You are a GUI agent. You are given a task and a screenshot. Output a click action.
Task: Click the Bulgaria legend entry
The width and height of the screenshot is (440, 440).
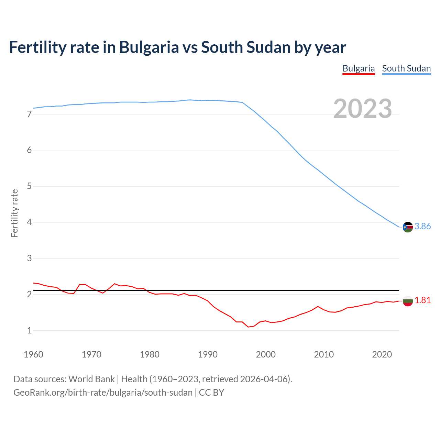pos(359,68)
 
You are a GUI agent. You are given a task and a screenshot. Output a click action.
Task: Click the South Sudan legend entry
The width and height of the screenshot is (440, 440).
pos(406,68)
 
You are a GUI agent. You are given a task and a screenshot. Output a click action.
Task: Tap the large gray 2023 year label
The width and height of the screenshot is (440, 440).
pos(363,109)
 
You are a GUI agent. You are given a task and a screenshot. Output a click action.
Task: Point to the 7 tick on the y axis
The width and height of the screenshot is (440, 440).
pos(29,114)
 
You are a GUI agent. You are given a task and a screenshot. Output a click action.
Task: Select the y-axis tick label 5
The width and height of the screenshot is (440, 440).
pos(29,186)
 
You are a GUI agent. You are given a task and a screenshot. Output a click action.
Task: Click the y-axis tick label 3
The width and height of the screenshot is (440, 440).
pos(29,258)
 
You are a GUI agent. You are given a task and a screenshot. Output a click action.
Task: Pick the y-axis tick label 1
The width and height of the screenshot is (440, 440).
pos(29,330)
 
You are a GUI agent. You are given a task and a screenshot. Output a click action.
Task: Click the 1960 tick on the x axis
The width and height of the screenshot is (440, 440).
pos(33,354)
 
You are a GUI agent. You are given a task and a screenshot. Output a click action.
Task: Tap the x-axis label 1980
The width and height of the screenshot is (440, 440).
pos(150,354)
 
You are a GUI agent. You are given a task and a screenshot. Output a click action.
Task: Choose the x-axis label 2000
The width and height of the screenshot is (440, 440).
pos(266,354)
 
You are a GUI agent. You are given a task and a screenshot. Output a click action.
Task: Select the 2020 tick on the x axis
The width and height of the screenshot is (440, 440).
pos(382,354)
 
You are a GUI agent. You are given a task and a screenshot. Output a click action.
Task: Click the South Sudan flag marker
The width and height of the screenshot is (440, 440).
pos(408,227)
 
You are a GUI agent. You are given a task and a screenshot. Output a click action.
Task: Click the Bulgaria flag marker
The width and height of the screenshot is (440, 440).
pos(408,301)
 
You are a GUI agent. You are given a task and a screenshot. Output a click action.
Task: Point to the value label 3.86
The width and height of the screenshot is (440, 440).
pos(422,226)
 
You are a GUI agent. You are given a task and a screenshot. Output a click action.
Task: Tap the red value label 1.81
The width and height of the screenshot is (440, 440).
pos(422,300)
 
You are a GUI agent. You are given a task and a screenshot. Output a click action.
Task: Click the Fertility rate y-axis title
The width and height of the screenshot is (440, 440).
pos(14,213)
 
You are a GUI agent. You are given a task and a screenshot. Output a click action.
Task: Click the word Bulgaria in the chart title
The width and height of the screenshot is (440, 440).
pos(149,47)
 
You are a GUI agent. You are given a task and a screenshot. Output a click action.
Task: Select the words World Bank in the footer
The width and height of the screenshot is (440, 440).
pos(91,379)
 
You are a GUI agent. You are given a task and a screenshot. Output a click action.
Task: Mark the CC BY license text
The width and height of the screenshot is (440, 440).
pos(211,393)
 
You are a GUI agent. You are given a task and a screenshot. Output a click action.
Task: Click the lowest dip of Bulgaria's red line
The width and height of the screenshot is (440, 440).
pos(248,327)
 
